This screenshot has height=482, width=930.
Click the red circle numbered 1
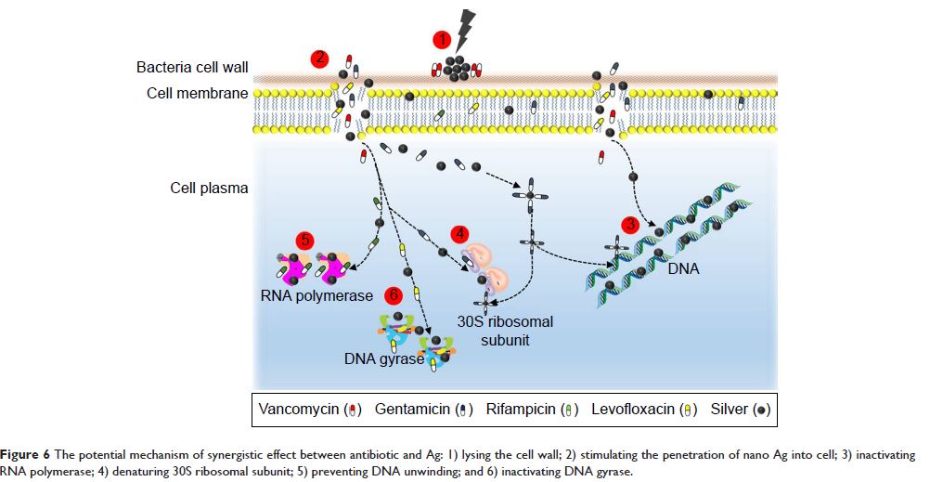point(443,39)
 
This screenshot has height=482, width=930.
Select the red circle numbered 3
point(630,224)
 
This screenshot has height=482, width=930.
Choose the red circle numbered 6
point(393,295)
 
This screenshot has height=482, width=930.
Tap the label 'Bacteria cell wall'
point(192,68)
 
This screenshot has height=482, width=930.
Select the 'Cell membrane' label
point(197,93)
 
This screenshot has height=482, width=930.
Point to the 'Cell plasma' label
point(209,188)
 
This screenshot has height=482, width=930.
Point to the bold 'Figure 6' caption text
point(31,455)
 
